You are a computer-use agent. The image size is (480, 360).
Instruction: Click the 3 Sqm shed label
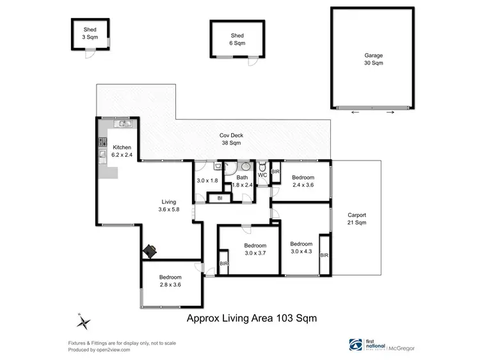(x=90, y=34)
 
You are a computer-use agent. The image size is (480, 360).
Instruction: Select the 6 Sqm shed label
(x=237, y=40)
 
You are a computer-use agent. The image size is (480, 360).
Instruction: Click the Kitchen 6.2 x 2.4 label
(x=122, y=152)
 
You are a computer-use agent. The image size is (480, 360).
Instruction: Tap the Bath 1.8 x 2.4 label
(x=242, y=182)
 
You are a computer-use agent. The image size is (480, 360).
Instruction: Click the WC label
(x=262, y=175)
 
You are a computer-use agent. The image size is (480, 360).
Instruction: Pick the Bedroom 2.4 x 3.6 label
(x=303, y=182)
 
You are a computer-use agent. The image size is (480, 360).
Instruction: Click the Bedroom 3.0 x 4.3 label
(x=301, y=247)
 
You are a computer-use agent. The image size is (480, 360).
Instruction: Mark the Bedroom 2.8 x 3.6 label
(x=170, y=281)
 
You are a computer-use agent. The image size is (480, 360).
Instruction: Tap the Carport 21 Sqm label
(x=356, y=219)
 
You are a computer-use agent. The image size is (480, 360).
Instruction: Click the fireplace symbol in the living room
(x=150, y=251)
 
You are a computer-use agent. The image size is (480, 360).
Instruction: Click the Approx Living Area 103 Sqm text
(x=252, y=317)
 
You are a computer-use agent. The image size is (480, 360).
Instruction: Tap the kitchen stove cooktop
(x=102, y=141)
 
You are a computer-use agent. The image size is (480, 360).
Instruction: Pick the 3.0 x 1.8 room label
(x=208, y=182)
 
